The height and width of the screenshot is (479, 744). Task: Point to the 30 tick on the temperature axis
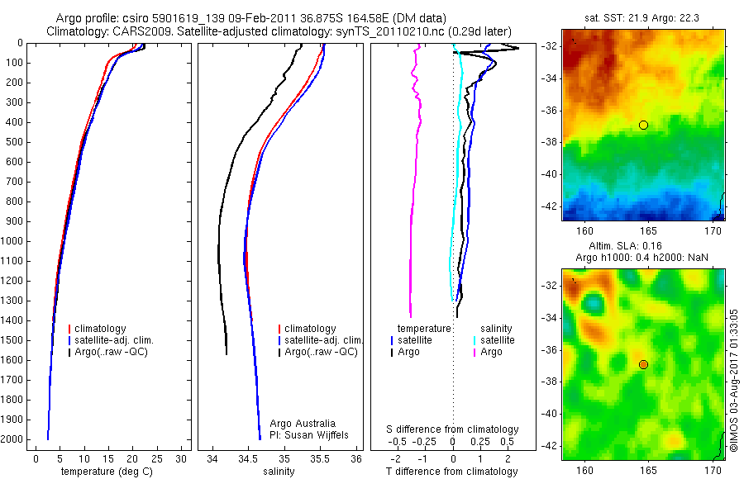(182, 458)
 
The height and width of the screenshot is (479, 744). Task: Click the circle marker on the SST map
(643, 125)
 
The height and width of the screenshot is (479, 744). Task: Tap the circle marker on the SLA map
(643, 364)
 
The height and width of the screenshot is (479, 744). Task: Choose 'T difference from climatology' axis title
(452, 472)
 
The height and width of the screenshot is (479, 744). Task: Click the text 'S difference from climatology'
(453, 429)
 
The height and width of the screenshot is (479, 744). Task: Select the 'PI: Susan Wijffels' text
(310, 434)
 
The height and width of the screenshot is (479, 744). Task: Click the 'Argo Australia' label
(303, 423)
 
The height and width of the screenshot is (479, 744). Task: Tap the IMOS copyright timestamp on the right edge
(734, 379)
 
